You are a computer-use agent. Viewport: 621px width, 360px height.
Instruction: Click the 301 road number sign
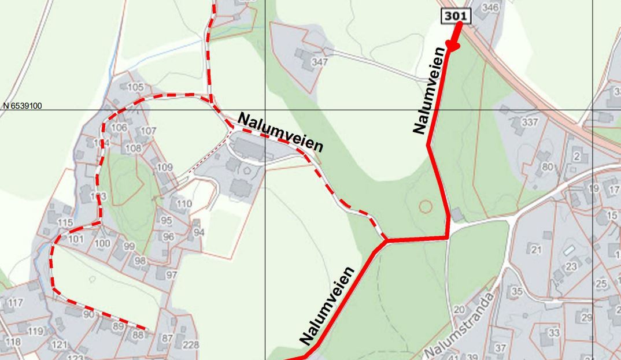(456, 16)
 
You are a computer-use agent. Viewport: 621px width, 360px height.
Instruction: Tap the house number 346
(490, 8)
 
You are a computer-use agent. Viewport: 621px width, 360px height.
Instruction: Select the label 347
(319, 62)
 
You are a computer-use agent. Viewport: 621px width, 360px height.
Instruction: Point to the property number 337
(530, 123)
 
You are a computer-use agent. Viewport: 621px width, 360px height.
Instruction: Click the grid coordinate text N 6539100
(23, 106)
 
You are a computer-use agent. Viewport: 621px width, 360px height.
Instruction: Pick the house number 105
(135, 87)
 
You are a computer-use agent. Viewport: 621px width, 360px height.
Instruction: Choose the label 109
(165, 168)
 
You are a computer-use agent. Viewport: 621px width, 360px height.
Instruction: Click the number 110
(184, 203)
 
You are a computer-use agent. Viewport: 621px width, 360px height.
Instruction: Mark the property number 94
(199, 232)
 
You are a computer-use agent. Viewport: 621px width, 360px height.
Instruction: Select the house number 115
(65, 223)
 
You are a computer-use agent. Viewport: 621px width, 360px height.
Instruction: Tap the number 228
(190, 344)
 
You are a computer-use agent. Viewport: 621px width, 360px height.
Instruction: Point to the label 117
(16, 302)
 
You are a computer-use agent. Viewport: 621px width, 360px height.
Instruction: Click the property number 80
(547, 168)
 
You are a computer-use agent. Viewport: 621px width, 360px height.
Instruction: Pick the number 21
(535, 250)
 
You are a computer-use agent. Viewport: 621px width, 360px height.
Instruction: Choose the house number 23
(571, 266)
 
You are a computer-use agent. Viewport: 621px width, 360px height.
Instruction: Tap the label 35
(517, 291)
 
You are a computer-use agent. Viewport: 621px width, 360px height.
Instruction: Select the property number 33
(554, 333)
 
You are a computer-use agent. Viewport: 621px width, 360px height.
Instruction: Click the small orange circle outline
(425, 206)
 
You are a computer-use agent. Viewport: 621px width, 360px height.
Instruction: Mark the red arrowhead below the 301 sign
(454, 44)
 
